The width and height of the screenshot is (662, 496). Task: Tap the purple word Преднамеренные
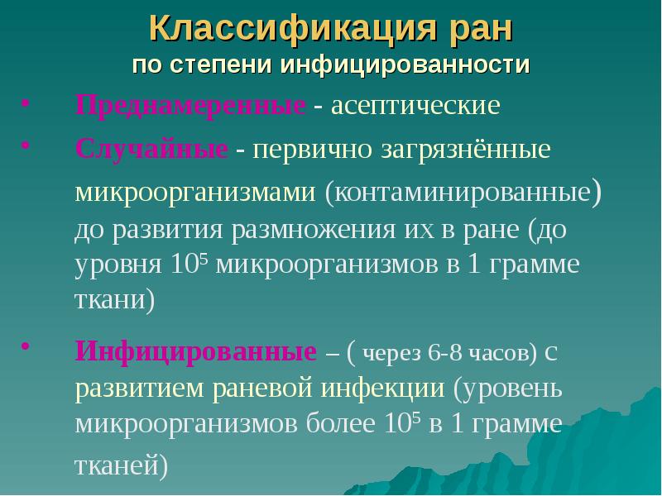[192, 107]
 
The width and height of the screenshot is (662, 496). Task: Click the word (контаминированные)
[463, 193]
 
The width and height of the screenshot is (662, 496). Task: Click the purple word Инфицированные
[196, 352]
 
